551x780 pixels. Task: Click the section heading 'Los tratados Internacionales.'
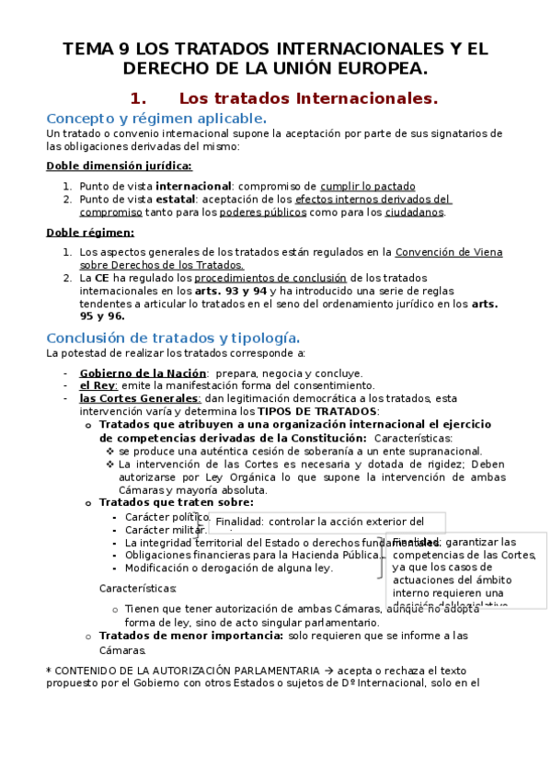[308, 97]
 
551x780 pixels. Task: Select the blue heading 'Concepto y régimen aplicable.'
[156, 119]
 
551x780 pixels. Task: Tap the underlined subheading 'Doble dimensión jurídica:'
[120, 166]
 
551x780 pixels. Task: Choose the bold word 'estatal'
[174, 199]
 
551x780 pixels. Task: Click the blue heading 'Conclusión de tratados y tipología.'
[172, 338]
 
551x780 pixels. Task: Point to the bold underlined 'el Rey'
[98, 385]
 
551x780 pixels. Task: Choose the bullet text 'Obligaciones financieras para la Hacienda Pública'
[252, 555]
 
